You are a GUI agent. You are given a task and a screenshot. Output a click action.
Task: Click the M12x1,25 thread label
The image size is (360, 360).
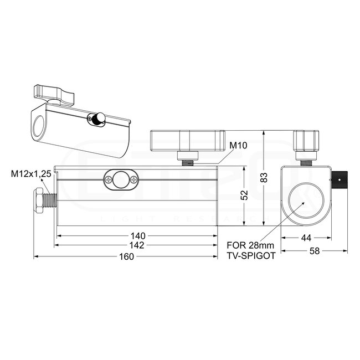(x=31, y=173)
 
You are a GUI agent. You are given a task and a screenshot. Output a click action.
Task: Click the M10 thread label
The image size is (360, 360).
(x=238, y=146)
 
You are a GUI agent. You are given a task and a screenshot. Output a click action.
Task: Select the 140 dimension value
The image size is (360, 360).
(x=137, y=235)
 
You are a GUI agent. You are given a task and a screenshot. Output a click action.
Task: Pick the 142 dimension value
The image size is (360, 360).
(x=137, y=245)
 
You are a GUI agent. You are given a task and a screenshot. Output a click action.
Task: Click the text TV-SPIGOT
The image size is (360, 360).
(x=250, y=256)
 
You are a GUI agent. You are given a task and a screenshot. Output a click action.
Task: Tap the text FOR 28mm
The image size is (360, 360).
(x=250, y=246)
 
